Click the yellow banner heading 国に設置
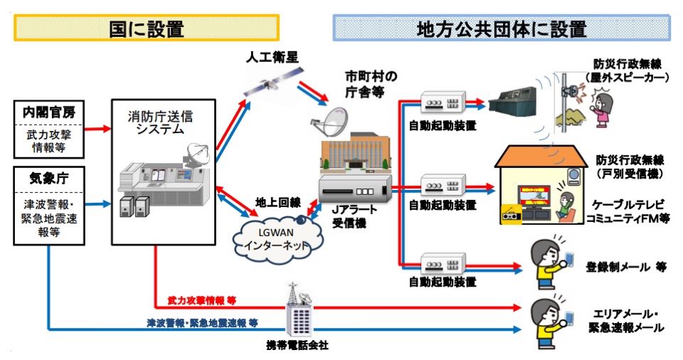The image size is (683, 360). (x=147, y=28)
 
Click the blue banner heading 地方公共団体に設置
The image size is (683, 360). (x=502, y=28)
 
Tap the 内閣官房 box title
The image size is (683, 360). (x=49, y=112)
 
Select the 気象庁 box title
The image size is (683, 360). (x=49, y=178)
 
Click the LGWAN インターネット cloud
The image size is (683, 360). (x=277, y=239)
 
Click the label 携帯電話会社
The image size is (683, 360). (x=297, y=345)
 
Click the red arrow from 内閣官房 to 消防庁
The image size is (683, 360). (x=97, y=129)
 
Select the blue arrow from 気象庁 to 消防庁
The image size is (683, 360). (x=97, y=203)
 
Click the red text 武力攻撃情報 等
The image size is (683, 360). (x=201, y=300)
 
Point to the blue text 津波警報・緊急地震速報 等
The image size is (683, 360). (x=202, y=323)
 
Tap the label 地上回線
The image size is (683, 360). (x=278, y=203)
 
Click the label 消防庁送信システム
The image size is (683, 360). (x=160, y=122)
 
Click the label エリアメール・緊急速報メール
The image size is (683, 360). (x=626, y=320)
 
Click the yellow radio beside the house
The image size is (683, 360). (x=512, y=215)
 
